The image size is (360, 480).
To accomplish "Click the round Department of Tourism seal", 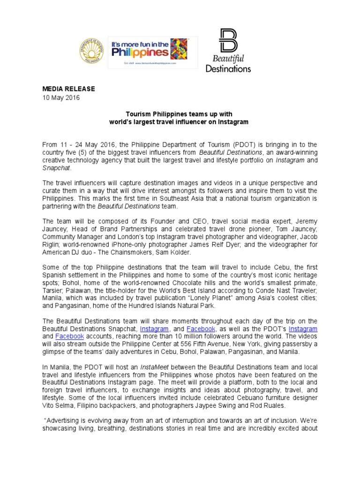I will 91,51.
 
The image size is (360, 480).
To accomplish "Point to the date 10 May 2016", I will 61,98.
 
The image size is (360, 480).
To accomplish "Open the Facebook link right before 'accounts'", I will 69,336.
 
